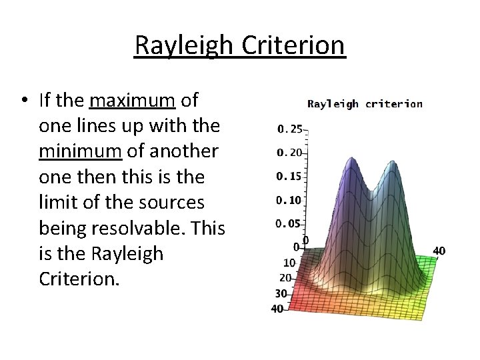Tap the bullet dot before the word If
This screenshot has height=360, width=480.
pyautogui.click(x=23, y=101)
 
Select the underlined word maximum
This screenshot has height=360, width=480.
pyautogui.click(x=132, y=101)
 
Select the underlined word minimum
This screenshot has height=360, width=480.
pyautogui.click(x=80, y=151)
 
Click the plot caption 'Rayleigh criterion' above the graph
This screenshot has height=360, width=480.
pyautogui.click(x=364, y=103)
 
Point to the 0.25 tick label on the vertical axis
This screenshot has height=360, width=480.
pyautogui.click(x=289, y=128)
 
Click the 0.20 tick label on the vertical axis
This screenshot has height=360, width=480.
pyautogui.click(x=289, y=152)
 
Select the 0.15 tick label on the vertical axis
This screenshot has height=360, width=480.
pyautogui.click(x=289, y=176)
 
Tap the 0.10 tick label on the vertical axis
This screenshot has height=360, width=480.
pyautogui.click(x=289, y=200)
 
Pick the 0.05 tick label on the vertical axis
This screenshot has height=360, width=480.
pyautogui.click(x=289, y=224)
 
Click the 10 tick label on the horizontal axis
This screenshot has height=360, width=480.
pyautogui.click(x=289, y=263)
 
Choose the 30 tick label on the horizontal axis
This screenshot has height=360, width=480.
pyautogui.click(x=282, y=293)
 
